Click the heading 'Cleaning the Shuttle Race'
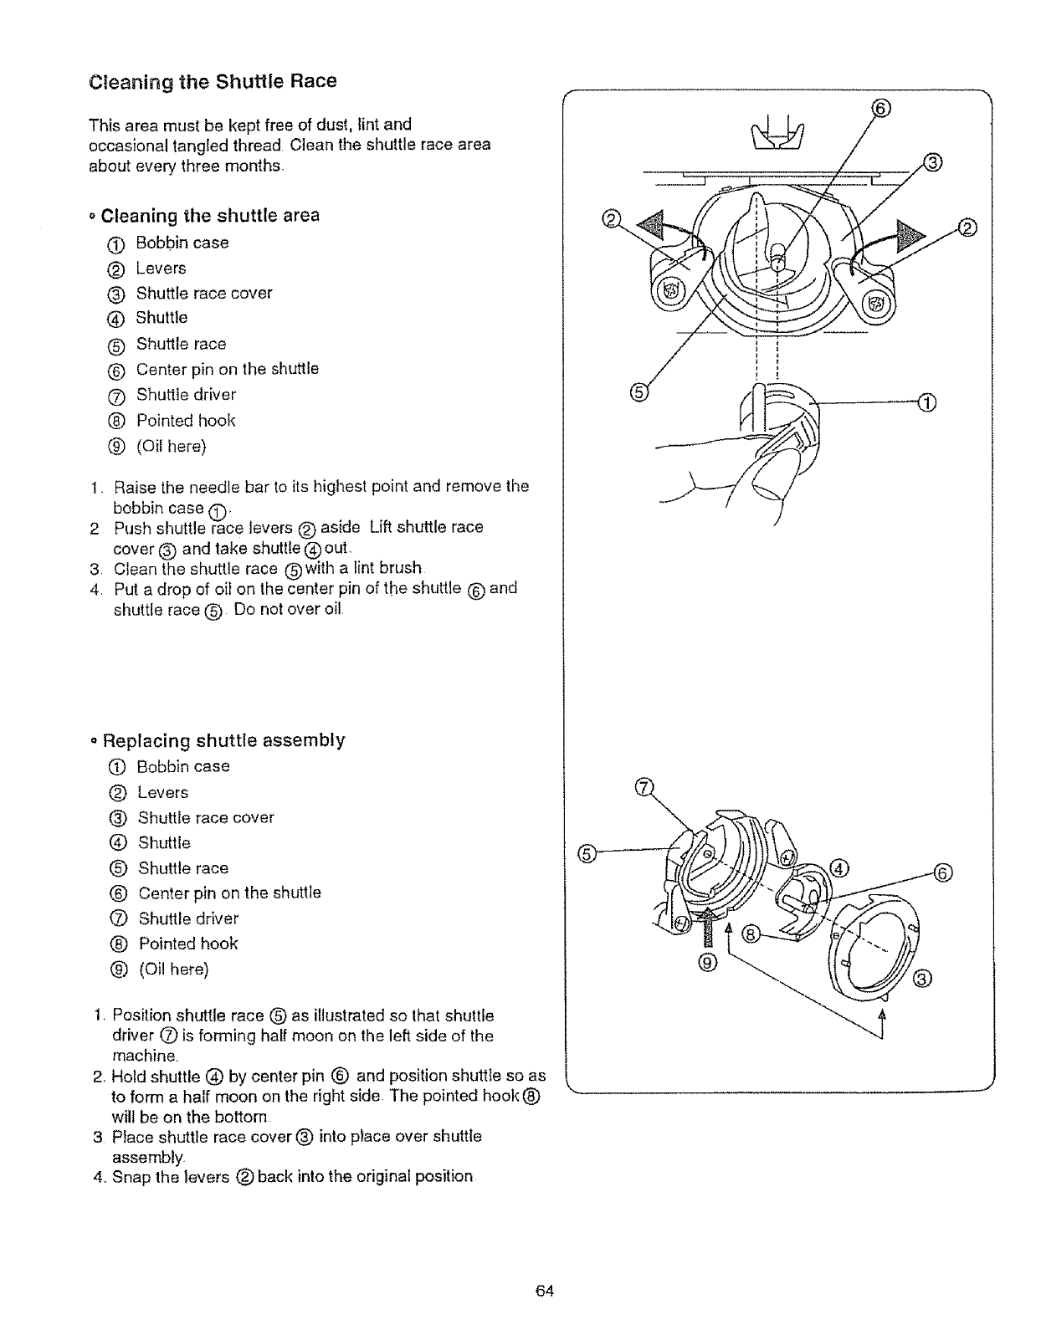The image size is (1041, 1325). tap(213, 82)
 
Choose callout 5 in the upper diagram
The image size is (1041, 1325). tap(638, 391)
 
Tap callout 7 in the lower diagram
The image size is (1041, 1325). tap(644, 787)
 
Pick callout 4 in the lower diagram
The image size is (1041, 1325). tap(839, 867)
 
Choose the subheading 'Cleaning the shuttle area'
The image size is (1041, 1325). tap(209, 216)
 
